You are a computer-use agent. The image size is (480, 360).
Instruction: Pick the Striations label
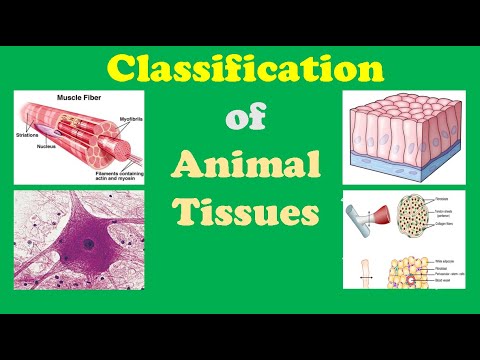pyautogui.click(x=28, y=132)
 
